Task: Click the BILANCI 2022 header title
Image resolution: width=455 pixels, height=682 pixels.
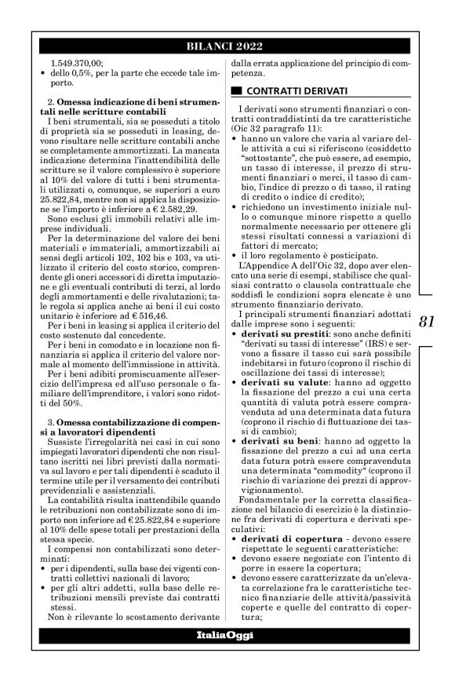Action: point(227,45)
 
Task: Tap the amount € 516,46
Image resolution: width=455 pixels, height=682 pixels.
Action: point(147,290)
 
